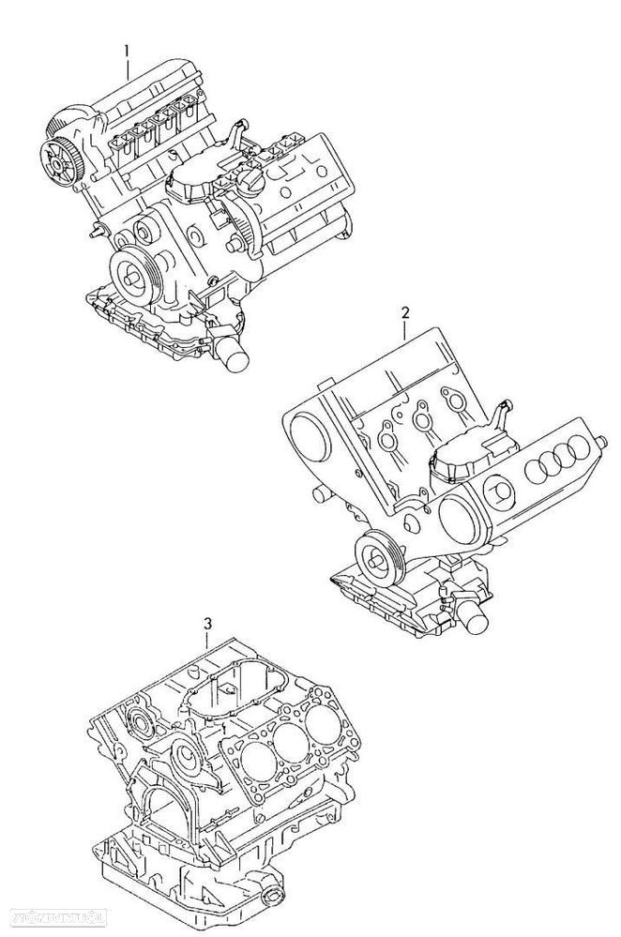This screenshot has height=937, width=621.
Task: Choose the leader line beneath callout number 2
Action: coord(405,327)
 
